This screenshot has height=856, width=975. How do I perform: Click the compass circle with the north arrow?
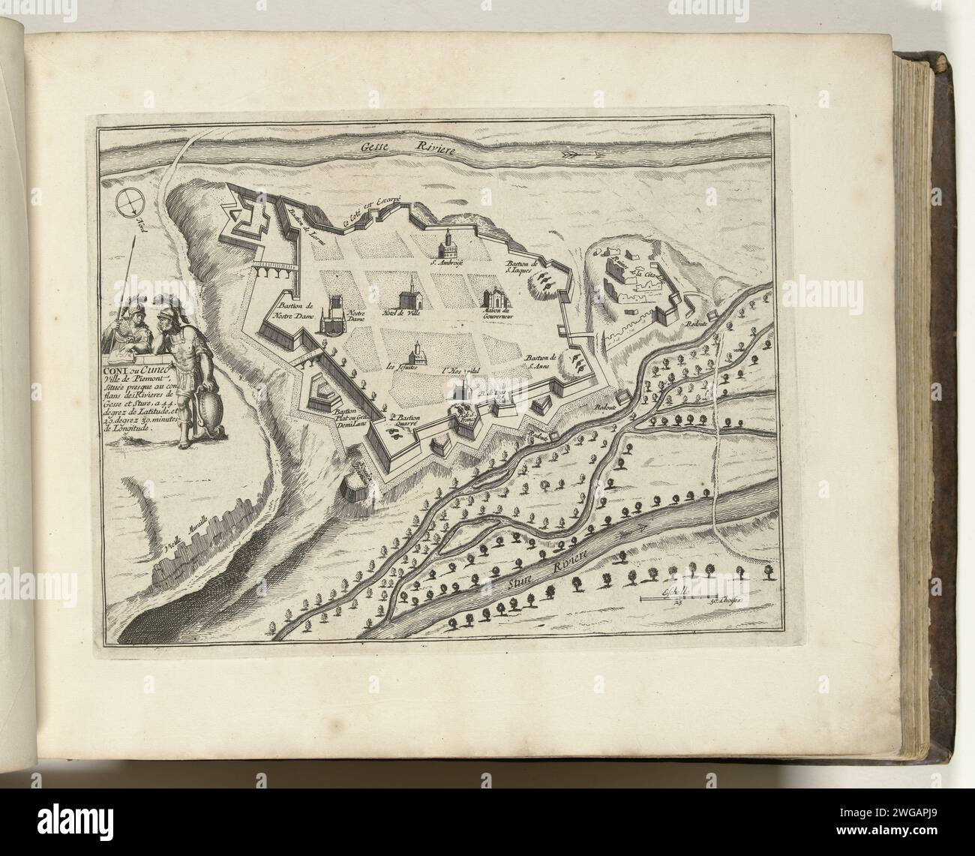[x=129, y=200]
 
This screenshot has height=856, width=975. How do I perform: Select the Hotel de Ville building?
[x=410, y=291]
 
